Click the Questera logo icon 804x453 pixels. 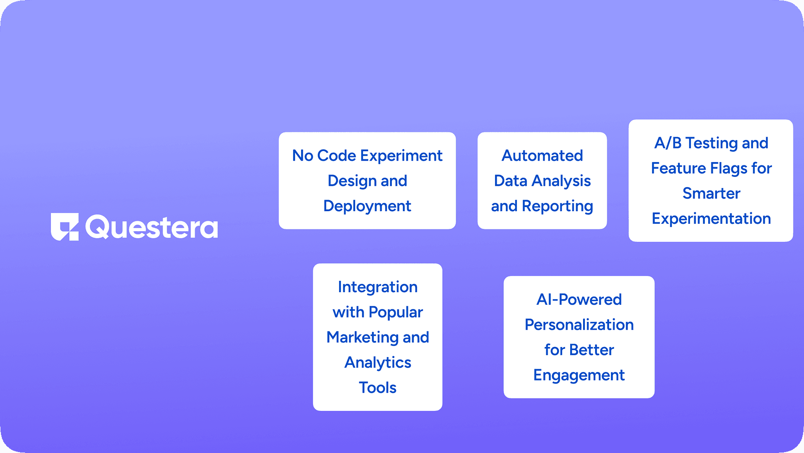click(x=65, y=227)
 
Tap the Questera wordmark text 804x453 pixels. click(x=151, y=227)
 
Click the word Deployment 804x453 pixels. click(x=367, y=206)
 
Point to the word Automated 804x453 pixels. click(x=542, y=156)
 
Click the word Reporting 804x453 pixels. click(x=558, y=206)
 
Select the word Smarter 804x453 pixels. click(x=711, y=193)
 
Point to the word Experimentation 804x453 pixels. click(x=711, y=219)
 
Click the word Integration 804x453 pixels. click(x=377, y=287)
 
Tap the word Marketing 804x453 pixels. click(x=362, y=338)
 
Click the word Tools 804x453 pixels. click(x=378, y=388)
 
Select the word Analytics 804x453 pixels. click(x=378, y=363)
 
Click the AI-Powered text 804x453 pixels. click(x=579, y=300)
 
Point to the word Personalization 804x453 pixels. click(x=579, y=325)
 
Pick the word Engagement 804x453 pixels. click(x=579, y=375)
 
